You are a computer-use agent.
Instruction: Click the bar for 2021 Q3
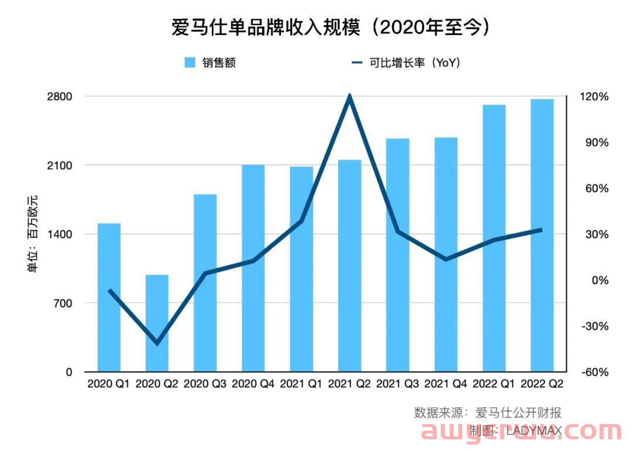[x=397, y=255]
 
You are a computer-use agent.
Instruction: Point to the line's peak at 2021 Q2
[x=349, y=96]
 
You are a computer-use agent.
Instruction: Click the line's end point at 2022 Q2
[x=541, y=230]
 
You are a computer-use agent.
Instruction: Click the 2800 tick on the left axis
[x=60, y=97]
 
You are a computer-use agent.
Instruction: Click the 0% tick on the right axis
[x=599, y=280]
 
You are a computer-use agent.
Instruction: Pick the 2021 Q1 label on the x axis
[x=301, y=384]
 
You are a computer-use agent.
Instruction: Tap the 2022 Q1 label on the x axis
[x=494, y=384]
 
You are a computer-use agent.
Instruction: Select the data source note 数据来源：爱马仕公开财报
[x=487, y=412]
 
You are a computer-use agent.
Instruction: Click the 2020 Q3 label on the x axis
[x=205, y=384]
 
